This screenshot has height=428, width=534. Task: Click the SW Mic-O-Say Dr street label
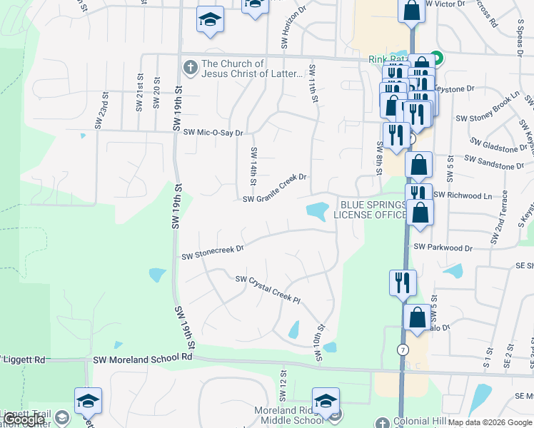(x=213, y=133)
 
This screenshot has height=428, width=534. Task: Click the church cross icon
(x=191, y=68)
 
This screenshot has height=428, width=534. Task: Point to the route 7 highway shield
(x=403, y=350)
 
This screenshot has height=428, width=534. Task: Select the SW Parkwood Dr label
(x=443, y=248)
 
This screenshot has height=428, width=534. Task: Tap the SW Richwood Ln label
(x=463, y=195)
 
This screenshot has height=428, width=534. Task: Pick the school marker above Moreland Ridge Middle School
(x=326, y=401)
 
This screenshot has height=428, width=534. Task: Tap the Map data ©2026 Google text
(x=490, y=422)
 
